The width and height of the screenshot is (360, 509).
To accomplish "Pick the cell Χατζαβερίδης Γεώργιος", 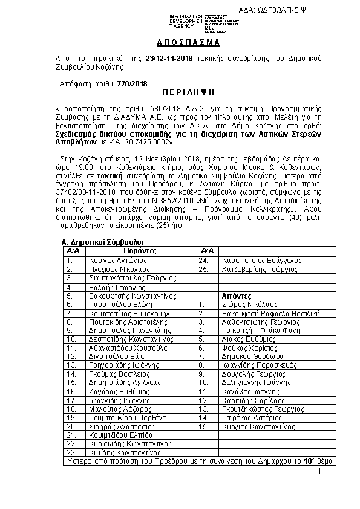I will pos(261,269).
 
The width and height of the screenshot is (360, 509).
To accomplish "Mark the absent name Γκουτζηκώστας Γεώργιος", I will pos(263,409).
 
